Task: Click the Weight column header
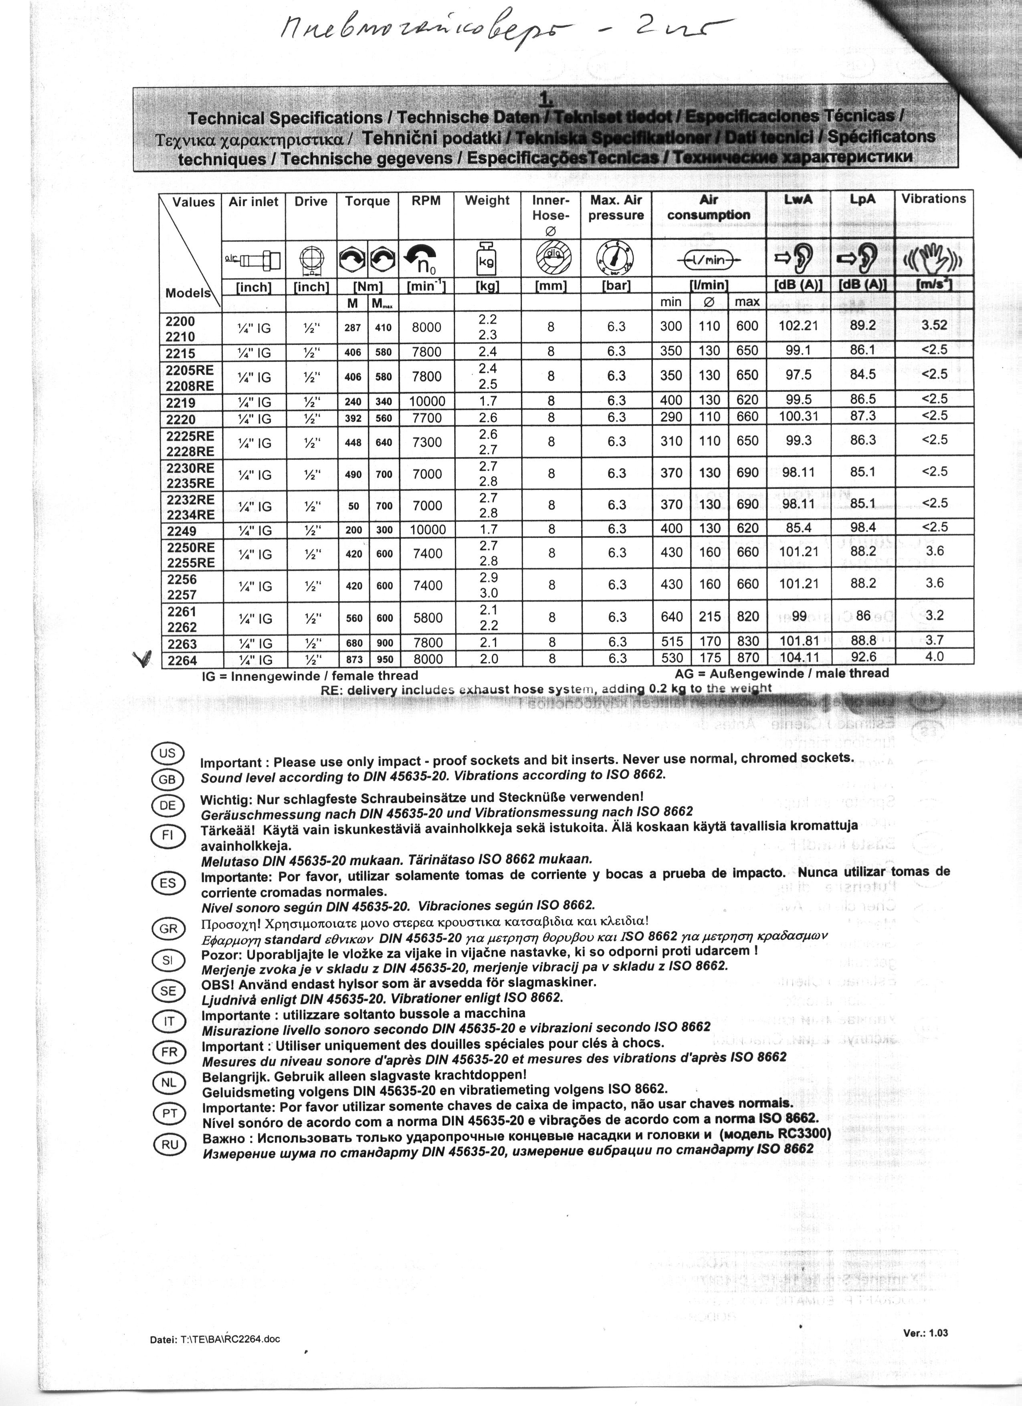[x=487, y=200]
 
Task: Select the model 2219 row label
[x=181, y=402]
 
